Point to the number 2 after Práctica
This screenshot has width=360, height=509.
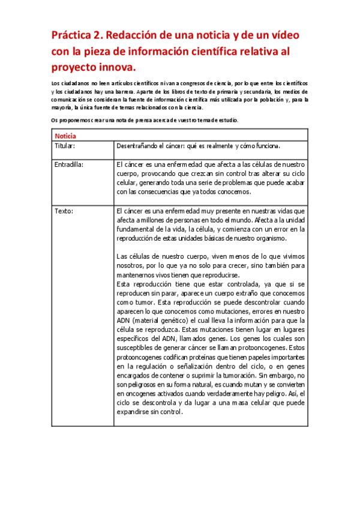[101, 35]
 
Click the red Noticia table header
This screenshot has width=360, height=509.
[65, 136]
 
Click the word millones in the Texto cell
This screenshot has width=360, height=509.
[155, 220]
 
